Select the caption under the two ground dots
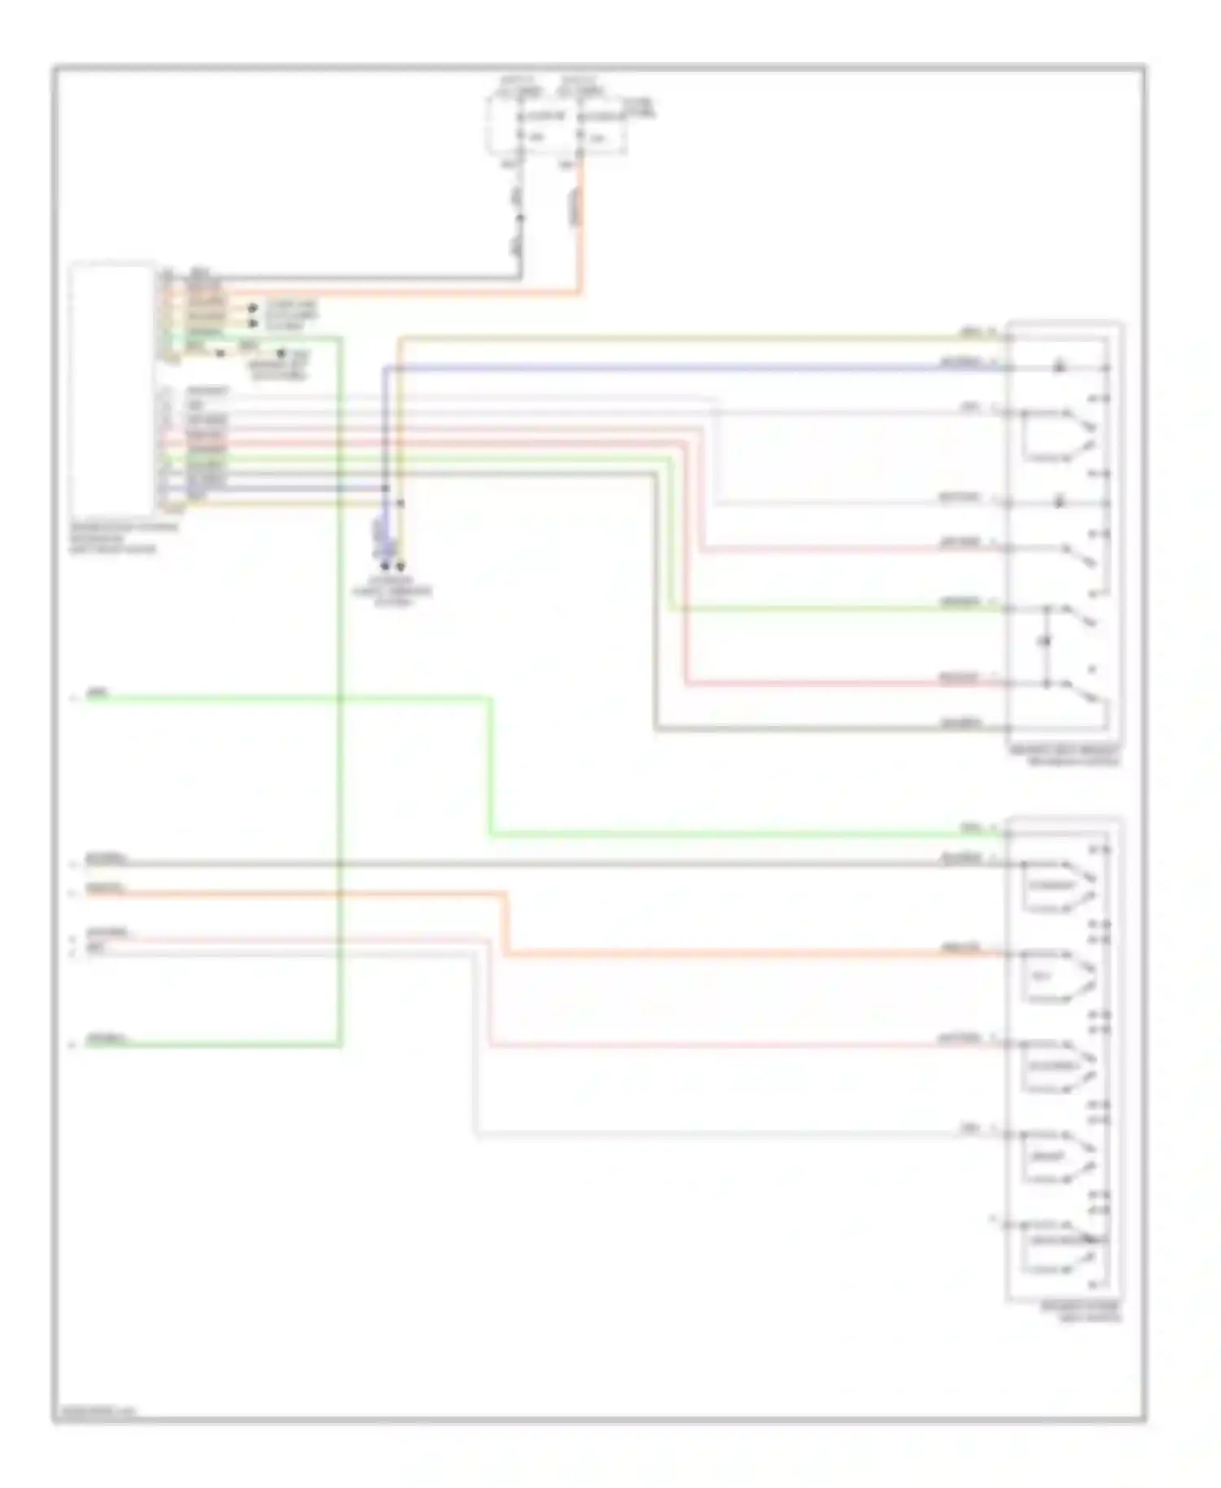pos(392,592)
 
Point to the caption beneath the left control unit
pos(122,538)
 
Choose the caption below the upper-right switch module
pos(1065,755)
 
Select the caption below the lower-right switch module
pos(1080,1311)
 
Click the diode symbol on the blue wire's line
pos(1059,368)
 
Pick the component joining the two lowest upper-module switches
pos(1047,642)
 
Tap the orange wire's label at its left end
pos(105,889)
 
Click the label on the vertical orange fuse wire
pos(575,208)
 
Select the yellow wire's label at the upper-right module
pos(971,332)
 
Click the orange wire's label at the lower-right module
pos(961,948)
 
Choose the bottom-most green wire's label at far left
pos(107,1039)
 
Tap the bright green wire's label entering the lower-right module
pos(971,829)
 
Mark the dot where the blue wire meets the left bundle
pos(386,488)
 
